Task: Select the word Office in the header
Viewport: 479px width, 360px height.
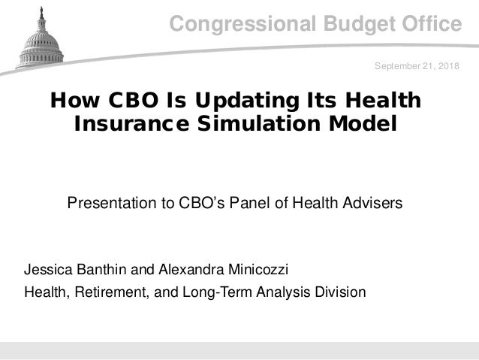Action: [426, 25]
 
